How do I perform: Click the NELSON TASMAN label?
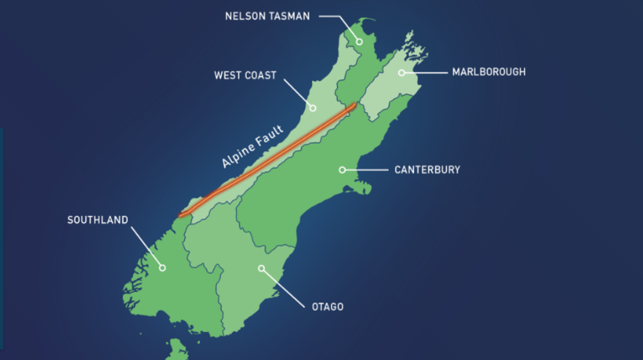pyautogui.click(x=267, y=16)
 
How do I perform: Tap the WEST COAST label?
pyautogui.click(x=245, y=75)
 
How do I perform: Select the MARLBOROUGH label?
pyautogui.click(x=489, y=72)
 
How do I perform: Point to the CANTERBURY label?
pyautogui.click(x=427, y=170)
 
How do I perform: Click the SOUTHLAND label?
pyautogui.click(x=98, y=220)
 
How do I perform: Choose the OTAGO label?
pyautogui.click(x=327, y=307)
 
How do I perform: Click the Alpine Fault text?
pyautogui.click(x=252, y=148)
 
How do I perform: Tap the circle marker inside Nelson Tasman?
pyautogui.click(x=359, y=42)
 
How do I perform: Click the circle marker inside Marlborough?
pyautogui.click(x=402, y=73)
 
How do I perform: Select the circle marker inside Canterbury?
pyautogui.click(x=343, y=170)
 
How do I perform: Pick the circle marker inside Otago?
pyautogui.click(x=261, y=268)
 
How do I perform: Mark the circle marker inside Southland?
pyautogui.click(x=162, y=267)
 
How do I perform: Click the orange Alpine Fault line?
pyautogui.click(x=270, y=161)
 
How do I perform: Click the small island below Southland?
pyautogui.click(x=176, y=351)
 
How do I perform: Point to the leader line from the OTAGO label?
pyautogui.click(x=284, y=287)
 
